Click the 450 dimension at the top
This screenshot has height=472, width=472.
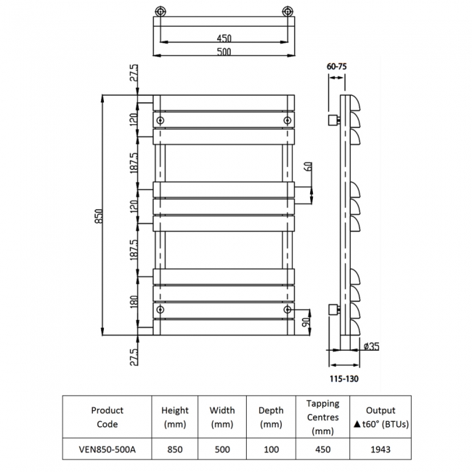224,38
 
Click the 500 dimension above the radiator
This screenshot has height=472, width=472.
224,52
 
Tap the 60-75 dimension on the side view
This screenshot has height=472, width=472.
336,66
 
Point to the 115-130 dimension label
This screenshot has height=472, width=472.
344,378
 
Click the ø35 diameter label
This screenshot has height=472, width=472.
370,346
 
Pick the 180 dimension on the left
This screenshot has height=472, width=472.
132,304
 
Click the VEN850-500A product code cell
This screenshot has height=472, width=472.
107,449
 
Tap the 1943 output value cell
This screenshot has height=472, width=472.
380,449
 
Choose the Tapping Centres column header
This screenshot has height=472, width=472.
322,417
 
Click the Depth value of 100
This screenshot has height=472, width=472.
271,449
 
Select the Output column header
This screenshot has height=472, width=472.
380,417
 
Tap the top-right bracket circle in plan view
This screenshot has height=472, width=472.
288,12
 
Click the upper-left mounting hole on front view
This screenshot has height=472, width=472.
160,120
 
